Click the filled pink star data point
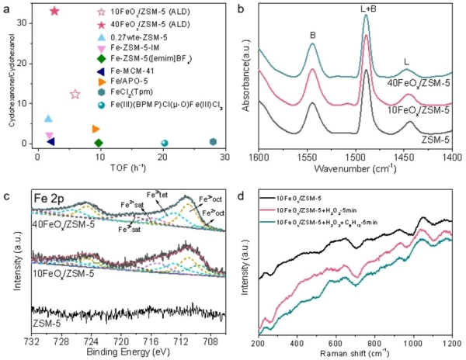(x=54, y=11)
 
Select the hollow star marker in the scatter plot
(x=75, y=95)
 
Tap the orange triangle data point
(x=96, y=129)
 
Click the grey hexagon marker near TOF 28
(x=213, y=142)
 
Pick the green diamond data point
(x=99, y=143)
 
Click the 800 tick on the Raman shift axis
(x=375, y=341)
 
